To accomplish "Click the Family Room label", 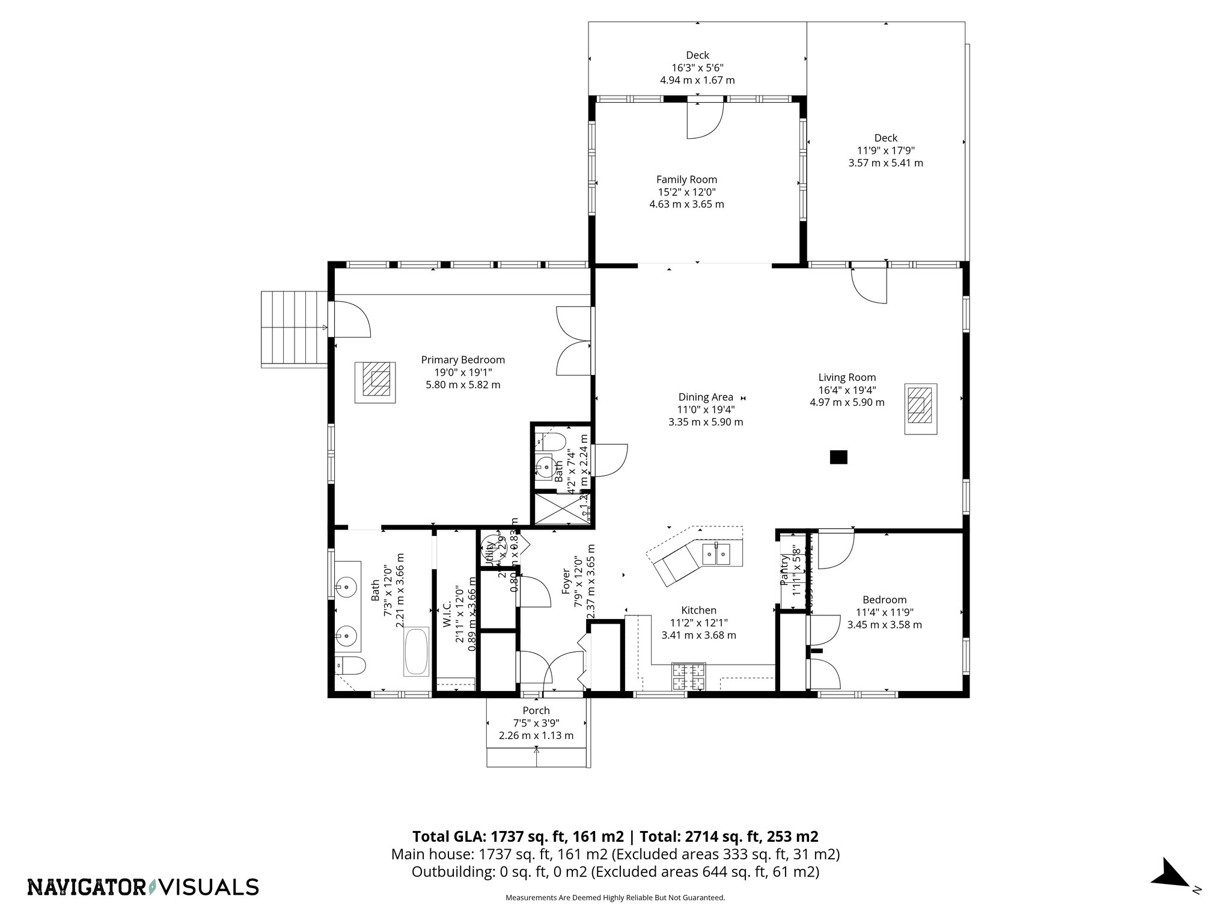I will coord(686,179).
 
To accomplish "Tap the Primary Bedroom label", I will coord(463,359).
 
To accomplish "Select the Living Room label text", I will coord(847,377).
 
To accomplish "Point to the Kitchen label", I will coord(698,610).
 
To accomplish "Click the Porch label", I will coord(536,710).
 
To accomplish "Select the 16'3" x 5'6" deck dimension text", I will coord(697,68).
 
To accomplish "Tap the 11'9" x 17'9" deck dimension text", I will coord(885,150).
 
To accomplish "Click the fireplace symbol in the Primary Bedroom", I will coord(375,382).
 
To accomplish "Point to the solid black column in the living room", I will coord(838,457).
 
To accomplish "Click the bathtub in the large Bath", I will coord(416,652).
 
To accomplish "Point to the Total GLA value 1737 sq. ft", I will coord(516,836).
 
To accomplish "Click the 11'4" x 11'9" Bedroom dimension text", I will coord(884,612).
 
